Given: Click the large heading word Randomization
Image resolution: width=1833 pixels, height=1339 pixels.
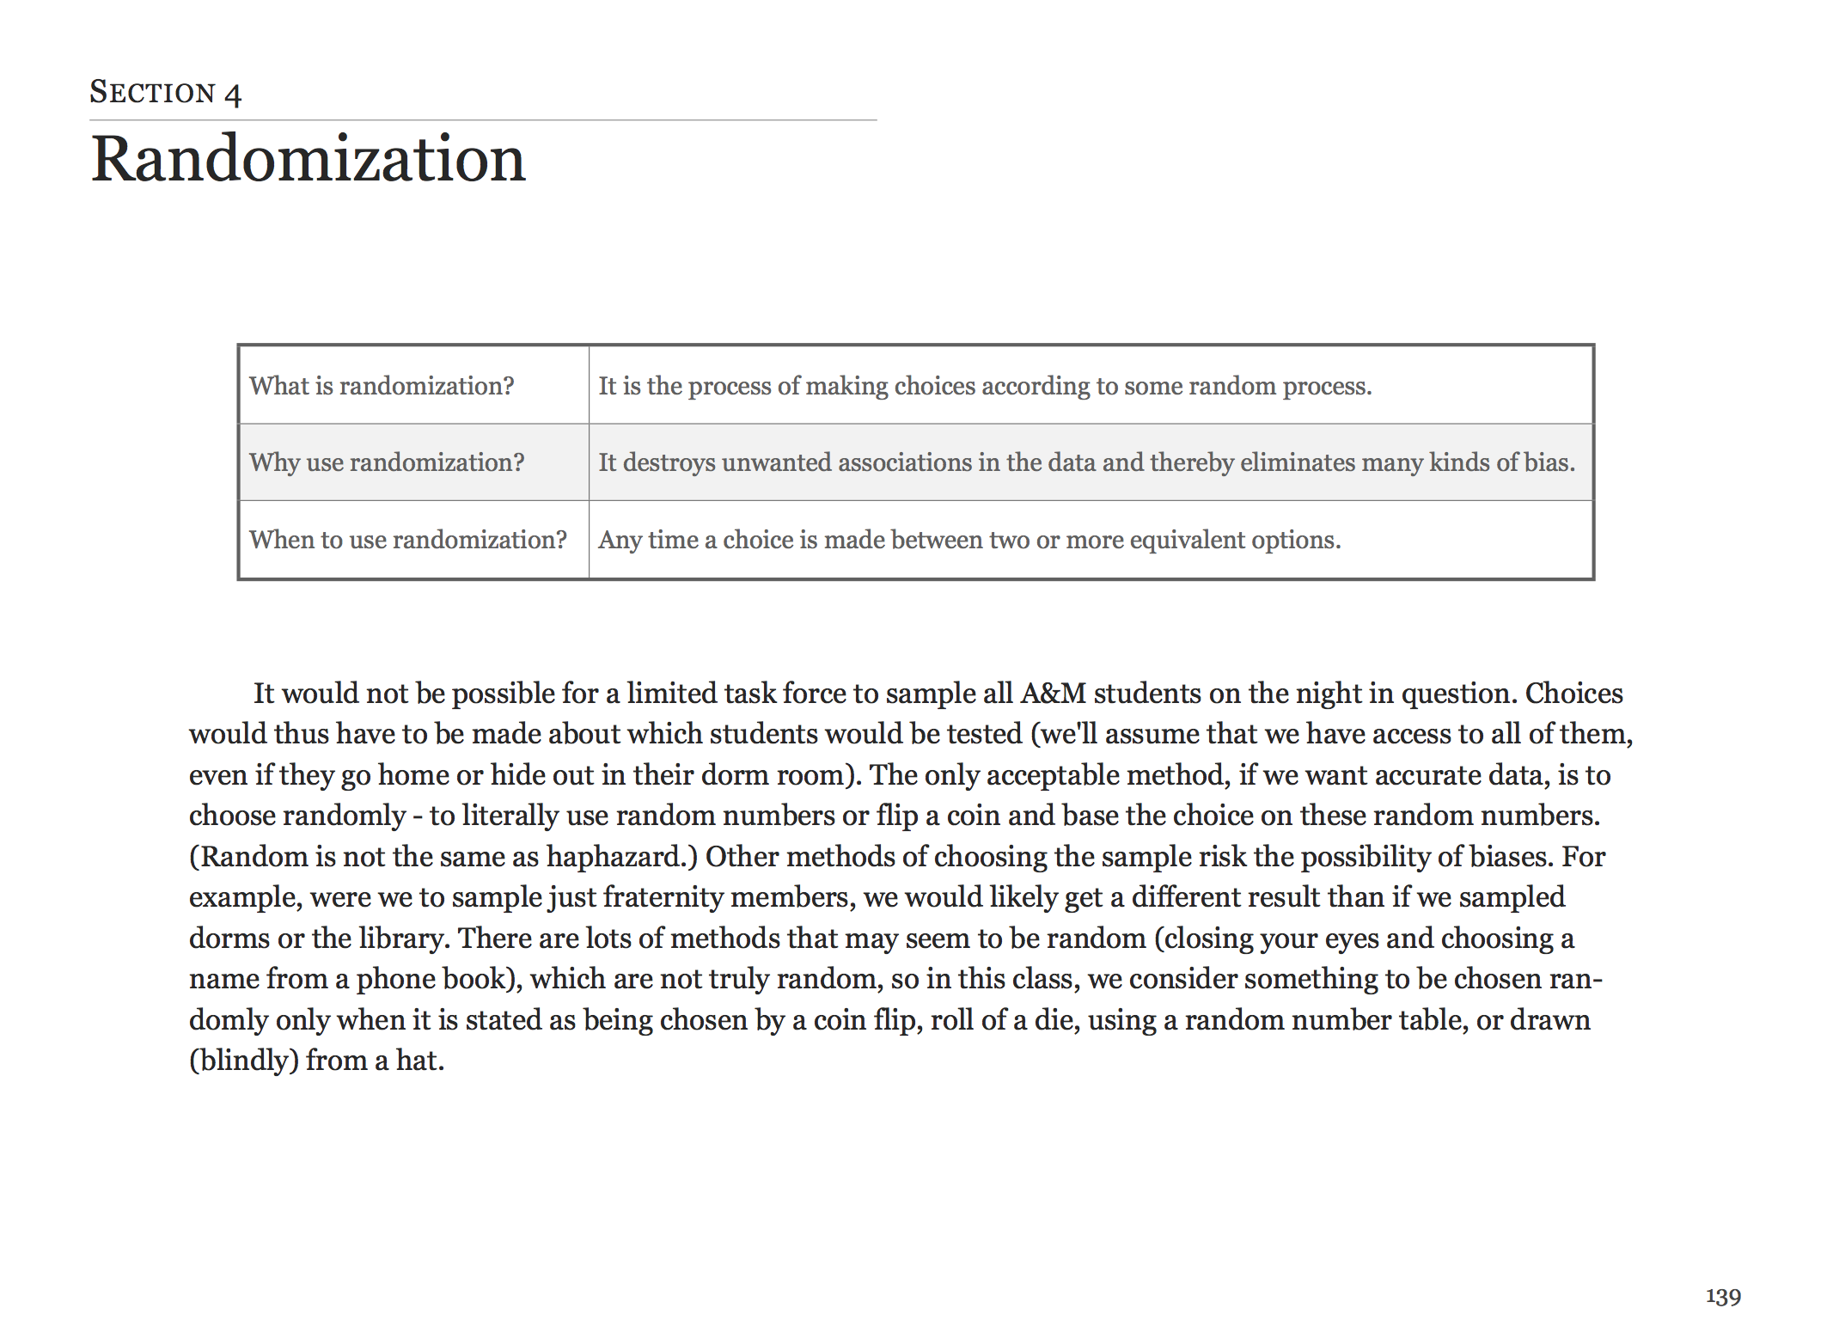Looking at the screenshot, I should [x=308, y=159].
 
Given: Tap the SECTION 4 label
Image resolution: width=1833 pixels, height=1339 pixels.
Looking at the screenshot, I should [x=165, y=92].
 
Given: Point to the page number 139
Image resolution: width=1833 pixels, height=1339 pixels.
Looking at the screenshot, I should [x=1723, y=1296].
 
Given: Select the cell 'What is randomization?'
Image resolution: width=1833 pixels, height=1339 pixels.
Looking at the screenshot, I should [x=382, y=386].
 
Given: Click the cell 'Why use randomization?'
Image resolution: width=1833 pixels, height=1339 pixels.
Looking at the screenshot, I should [x=387, y=462].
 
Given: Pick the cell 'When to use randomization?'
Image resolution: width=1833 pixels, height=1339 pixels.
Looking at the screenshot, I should [x=408, y=540].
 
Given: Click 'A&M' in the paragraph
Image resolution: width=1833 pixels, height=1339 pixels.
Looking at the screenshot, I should [x=1054, y=693].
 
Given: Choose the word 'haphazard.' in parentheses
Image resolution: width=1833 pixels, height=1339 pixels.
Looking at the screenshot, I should [x=622, y=856].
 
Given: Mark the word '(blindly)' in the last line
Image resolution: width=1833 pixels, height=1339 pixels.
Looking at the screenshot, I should [x=244, y=1060].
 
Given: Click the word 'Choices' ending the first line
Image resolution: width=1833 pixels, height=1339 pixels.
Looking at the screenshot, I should [x=1573, y=693].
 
